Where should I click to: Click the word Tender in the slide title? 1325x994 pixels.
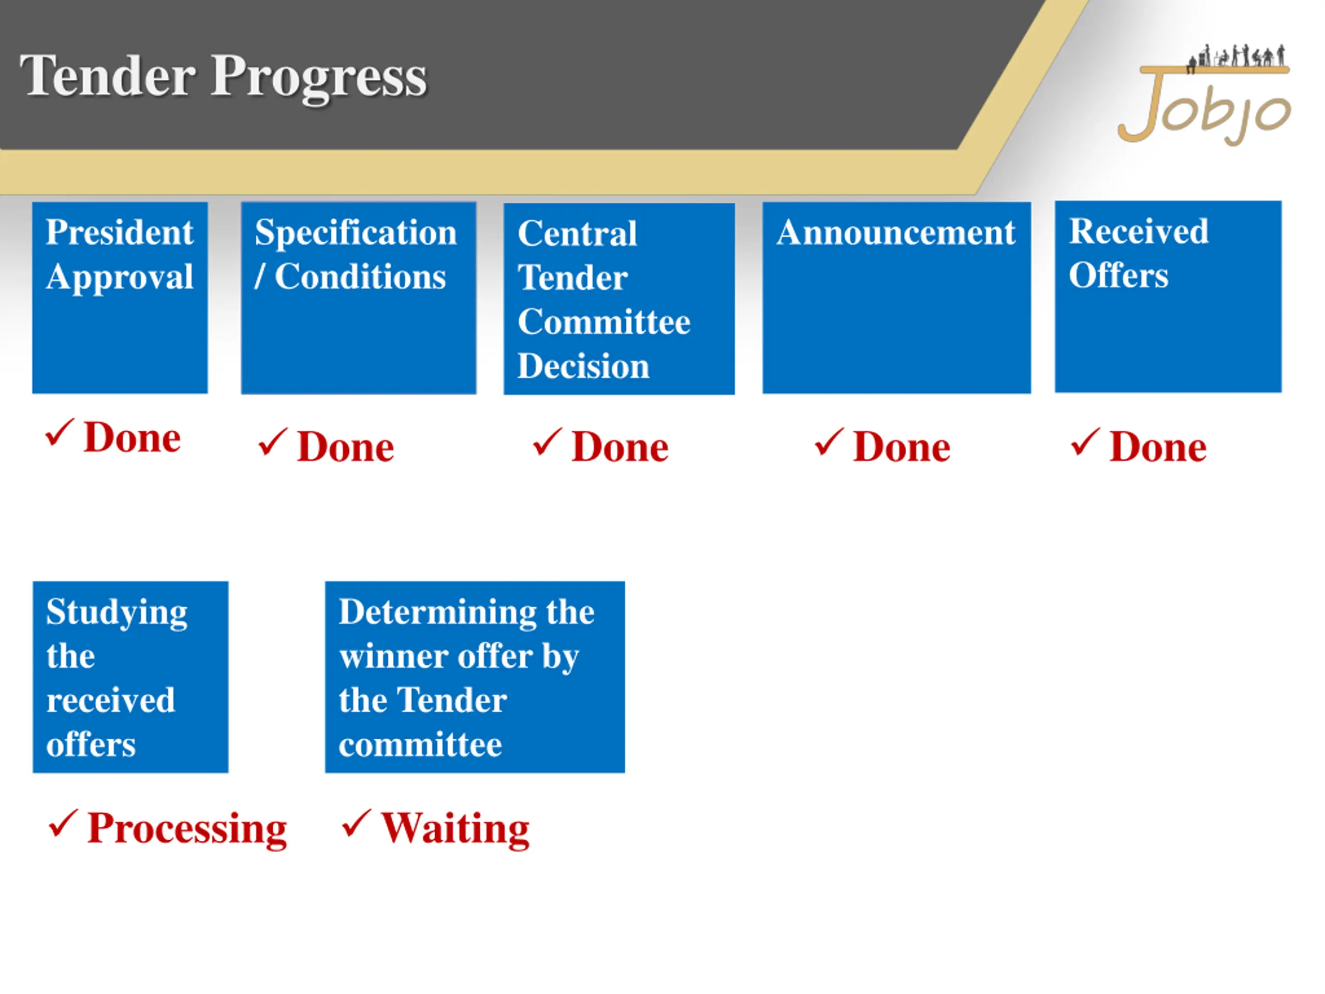[x=108, y=76]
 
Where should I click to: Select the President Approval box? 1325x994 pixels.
[x=120, y=298]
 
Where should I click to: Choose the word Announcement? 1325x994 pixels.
[x=896, y=232]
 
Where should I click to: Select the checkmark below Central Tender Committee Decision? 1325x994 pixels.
[x=547, y=442]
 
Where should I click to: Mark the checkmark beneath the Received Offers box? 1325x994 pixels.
[x=1085, y=442]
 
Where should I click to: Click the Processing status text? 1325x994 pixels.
[x=187, y=829]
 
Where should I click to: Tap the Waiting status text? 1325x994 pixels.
[x=455, y=829]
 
